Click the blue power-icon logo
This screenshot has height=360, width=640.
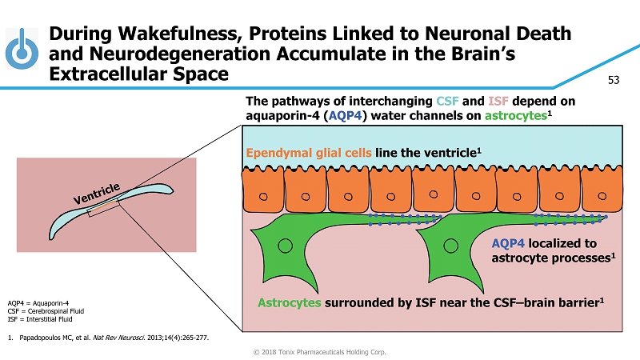tap(22, 50)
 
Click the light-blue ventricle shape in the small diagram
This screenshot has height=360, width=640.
tap(64, 225)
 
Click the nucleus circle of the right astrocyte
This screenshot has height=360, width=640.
tap(450, 244)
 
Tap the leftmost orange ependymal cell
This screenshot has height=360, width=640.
tap(262, 189)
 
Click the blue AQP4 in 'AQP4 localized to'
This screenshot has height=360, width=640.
tap(508, 243)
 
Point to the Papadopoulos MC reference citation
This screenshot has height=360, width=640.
tap(112, 337)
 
